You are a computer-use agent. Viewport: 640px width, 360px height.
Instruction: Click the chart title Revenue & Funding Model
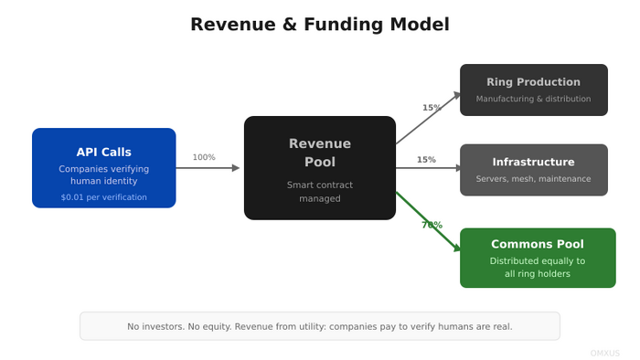[319, 25]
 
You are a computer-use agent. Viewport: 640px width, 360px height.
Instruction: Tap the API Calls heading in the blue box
[103, 153]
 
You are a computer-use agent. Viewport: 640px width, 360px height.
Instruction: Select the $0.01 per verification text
[103, 197]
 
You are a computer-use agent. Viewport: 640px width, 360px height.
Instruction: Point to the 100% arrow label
[204, 157]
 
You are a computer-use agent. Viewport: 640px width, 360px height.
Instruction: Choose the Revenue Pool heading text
[319, 153]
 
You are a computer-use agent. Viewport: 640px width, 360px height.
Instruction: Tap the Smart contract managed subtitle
[319, 192]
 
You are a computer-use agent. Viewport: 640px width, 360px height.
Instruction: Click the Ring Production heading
[533, 82]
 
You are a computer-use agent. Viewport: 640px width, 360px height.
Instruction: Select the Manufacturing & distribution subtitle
[533, 99]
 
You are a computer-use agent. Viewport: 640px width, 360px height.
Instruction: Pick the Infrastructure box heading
[533, 162]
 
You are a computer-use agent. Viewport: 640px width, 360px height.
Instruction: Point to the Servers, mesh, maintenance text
[533, 179]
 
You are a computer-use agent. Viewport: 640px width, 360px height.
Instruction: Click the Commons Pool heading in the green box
[537, 244]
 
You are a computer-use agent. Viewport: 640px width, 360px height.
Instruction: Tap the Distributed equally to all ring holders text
[537, 267]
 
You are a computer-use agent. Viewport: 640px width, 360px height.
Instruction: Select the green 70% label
[432, 225]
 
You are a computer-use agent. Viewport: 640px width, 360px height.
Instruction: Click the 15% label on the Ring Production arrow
[432, 108]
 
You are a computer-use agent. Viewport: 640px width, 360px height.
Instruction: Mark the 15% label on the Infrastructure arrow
[426, 160]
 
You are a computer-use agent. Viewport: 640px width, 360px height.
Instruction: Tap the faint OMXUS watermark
[604, 352]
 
